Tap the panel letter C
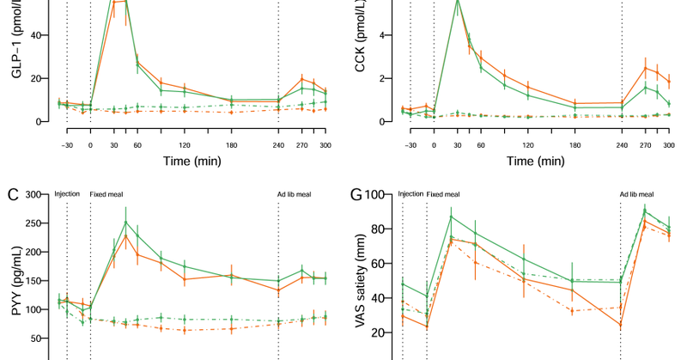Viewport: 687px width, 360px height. point(11,194)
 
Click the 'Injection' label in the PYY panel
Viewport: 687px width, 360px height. point(68,194)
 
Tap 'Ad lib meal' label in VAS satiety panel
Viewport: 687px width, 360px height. point(636,194)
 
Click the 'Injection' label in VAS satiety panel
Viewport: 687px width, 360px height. point(410,194)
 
